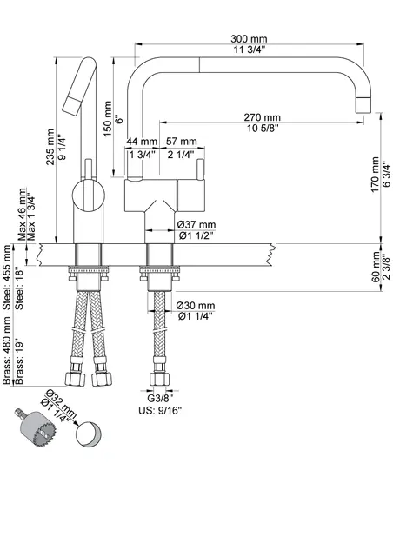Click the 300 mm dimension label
[249, 39]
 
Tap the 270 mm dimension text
[262, 117]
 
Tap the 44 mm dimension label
[142, 142]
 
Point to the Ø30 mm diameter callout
[196, 306]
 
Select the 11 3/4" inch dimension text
[249, 51]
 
